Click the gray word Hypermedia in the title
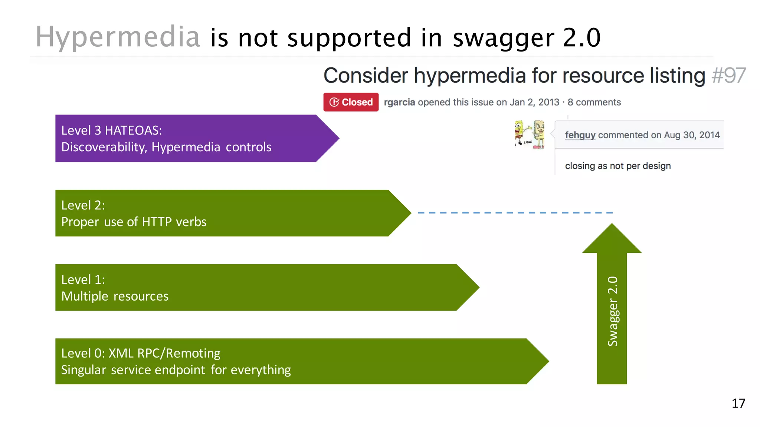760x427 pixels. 118,37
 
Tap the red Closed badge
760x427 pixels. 351,102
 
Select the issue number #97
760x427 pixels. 728,76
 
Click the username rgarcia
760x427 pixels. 399,102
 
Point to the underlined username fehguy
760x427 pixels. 580,135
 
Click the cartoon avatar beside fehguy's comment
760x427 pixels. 530,135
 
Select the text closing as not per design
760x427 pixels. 617,166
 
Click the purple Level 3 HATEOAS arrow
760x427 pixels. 186,138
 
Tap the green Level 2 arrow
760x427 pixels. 223,213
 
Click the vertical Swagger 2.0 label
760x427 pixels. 612,311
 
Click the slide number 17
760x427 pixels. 738,403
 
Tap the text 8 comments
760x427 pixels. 594,102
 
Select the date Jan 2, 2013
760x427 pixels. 534,102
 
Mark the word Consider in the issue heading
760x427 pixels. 366,76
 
